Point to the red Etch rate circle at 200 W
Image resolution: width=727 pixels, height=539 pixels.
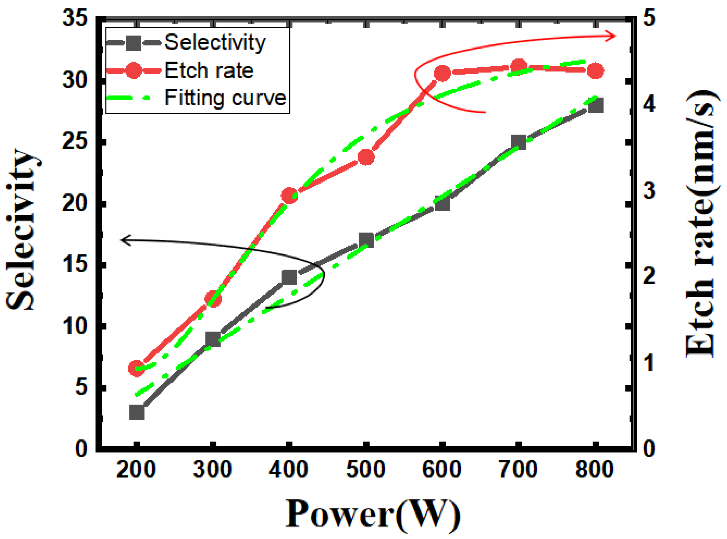point(137,368)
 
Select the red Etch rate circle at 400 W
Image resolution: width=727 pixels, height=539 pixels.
point(289,195)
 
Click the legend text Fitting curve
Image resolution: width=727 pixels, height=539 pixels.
point(225,98)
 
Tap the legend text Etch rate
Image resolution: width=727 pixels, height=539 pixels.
point(209,70)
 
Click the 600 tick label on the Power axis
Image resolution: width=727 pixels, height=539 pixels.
point(442,470)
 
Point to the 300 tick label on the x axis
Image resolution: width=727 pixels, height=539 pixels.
point(213,470)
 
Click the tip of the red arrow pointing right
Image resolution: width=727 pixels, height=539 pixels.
point(615,36)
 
